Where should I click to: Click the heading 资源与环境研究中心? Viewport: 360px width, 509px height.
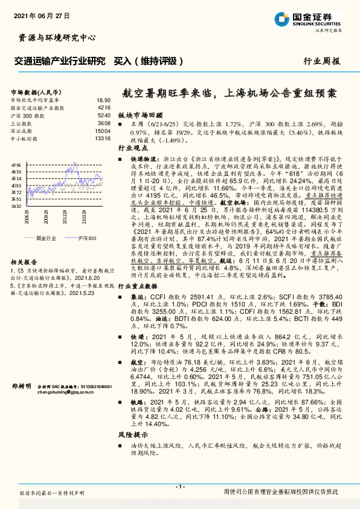pyautogui.click(x=54, y=37)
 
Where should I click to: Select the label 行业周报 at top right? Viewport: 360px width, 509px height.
pyautogui.click(x=321, y=62)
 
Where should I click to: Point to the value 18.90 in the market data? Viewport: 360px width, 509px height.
pyautogui.click(x=103, y=100)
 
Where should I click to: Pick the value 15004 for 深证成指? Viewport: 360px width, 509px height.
pyautogui.click(x=103, y=131)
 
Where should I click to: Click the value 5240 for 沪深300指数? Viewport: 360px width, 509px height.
pyautogui.click(x=104, y=115)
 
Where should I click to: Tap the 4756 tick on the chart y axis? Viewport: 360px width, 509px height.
pyautogui.click(x=17, y=164)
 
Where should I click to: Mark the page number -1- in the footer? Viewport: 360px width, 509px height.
pyautogui.click(x=179, y=487)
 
